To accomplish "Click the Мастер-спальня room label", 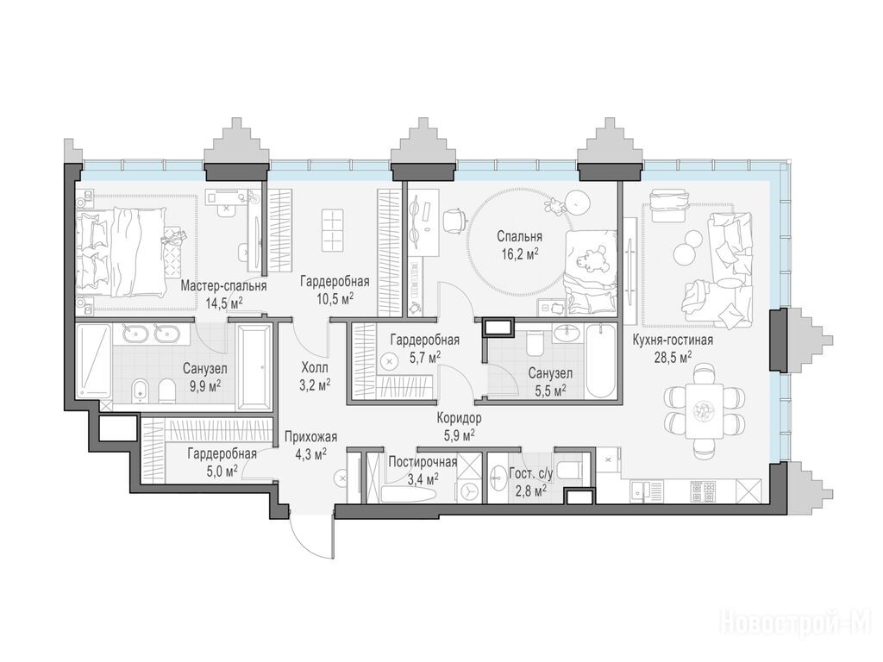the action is pos(223,286).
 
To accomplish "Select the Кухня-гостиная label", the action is pos(673,340).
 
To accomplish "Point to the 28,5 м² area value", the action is pos(673,358).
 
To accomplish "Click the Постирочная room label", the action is pos(423,463).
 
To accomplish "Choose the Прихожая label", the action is pos(310,437).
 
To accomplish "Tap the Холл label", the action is pos(315,368).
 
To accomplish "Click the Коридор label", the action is pos(460,418).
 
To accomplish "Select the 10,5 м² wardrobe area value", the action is pos(335,298).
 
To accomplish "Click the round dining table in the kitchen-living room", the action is pos(704,408).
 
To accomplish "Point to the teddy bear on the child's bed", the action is pos(589,257).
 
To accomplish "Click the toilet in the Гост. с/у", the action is pos(572,469).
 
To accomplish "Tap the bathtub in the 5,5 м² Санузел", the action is pos(601,360).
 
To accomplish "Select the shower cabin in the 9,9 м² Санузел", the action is pos(94,360).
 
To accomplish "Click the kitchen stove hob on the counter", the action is pos(704,491).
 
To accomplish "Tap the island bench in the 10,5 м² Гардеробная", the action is pos(332,230).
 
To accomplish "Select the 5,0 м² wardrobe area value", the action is pos(222,471).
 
